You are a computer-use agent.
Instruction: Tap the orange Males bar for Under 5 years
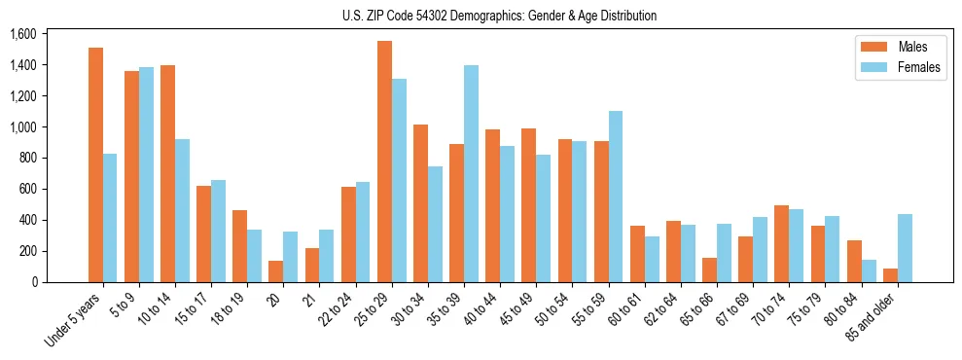[95, 165]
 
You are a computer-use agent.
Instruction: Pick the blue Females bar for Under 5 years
[110, 218]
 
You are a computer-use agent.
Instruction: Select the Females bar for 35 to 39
[471, 174]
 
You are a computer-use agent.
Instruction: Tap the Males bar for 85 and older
[890, 275]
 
